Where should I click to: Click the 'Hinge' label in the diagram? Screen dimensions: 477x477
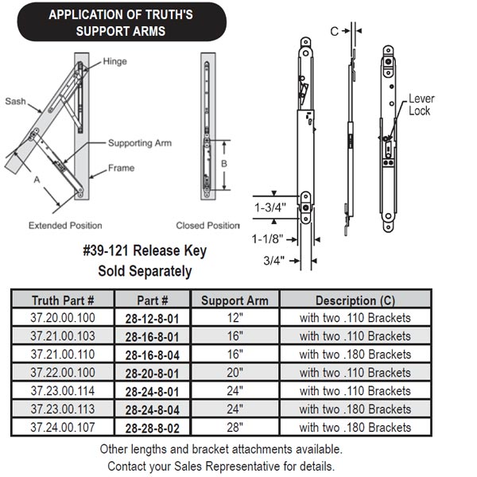[114, 61]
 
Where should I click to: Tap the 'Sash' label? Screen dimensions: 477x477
[16, 101]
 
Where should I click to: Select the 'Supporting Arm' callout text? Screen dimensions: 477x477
[140, 143]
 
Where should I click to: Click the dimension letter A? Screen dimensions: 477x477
[35, 179]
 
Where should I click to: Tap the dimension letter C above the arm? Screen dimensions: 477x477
[334, 31]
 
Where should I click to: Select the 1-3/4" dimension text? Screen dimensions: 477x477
[270, 207]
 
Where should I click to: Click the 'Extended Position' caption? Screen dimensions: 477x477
[65, 225]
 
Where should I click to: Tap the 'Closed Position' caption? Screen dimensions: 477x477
[207, 225]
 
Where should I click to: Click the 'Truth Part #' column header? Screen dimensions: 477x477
[63, 301]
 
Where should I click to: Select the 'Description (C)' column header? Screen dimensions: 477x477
[355, 301]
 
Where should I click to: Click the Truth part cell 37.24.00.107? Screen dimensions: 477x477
[63, 427]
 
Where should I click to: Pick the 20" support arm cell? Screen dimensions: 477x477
[235, 372]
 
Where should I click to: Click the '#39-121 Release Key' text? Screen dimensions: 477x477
[145, 251]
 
